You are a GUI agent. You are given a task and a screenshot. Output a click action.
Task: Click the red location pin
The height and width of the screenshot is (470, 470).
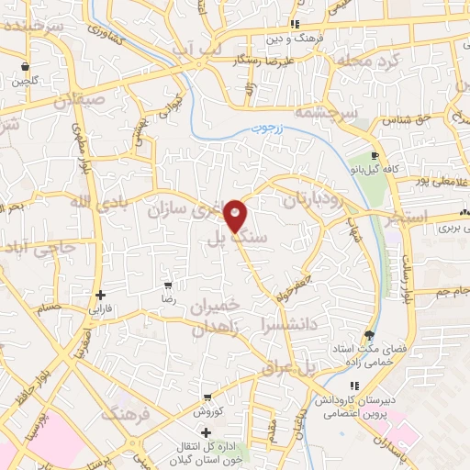pos(236,215)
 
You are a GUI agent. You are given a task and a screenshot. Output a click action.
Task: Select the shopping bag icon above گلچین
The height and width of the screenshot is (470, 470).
pos(25,68)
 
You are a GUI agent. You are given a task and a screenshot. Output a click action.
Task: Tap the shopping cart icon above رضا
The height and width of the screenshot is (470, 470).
pos(167,285)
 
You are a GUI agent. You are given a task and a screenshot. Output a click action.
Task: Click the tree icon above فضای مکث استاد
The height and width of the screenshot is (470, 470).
pos(370,335)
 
